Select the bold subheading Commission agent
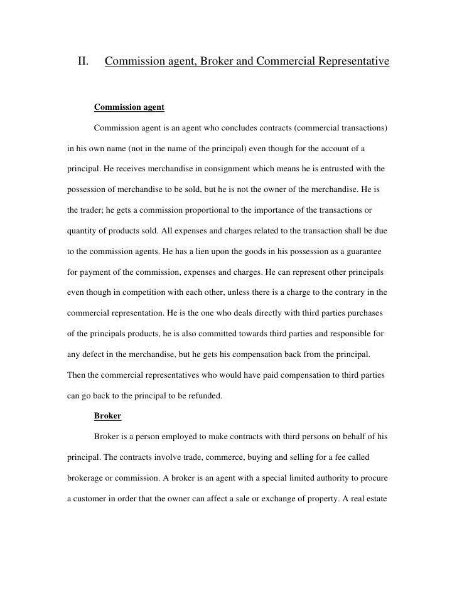pyautogui.click(x=129, y=107)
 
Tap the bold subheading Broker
pyautogui.click(x=107, y=415)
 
